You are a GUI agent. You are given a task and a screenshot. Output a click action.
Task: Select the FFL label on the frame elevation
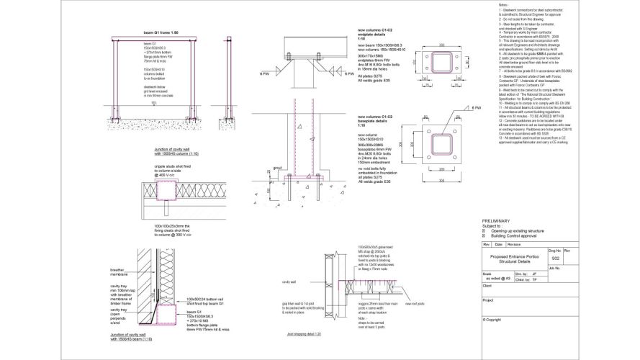[154, 103]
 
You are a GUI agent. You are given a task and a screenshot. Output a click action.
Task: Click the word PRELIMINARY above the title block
[496, 220]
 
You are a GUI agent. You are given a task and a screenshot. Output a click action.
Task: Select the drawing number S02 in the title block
[554, 257]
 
